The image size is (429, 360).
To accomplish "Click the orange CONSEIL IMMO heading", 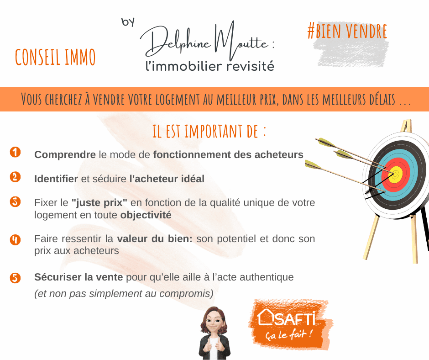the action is (55, 57).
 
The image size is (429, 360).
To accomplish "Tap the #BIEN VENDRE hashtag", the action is (347, 31).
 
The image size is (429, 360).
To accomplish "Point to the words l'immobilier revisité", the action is (210, 67).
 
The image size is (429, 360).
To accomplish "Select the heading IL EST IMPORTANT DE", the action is (209, 131).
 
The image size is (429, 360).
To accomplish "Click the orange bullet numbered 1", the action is (16, 152).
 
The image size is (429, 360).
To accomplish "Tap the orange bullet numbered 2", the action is (16, 177).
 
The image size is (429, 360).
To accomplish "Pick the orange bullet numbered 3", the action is (16, 201).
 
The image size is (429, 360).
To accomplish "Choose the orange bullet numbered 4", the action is (16, 239).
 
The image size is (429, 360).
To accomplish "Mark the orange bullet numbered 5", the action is (16, 277).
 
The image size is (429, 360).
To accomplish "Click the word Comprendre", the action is (65, 155).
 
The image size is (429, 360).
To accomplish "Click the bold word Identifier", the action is (56, 179).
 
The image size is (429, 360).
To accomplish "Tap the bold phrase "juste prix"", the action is (99, 203).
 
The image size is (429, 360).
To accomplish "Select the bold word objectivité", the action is (146, 215).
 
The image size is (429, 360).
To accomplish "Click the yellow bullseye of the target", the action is (395, 175).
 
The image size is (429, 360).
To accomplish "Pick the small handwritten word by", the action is (128, 22).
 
